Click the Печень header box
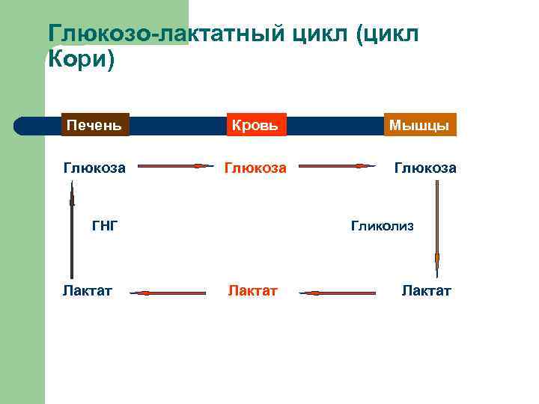coord(95,124)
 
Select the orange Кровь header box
coord(256,125)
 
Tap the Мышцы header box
coord(419,125)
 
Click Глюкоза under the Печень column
coord(94,168)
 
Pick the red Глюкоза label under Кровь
coord(256,168)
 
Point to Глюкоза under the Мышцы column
coord(424,168)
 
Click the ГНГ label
coord(105,224)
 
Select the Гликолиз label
coord(381,224)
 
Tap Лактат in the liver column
coord(88,290)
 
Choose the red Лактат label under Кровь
coord(253,290)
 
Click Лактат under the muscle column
coord(426,290)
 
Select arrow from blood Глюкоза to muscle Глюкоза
coord(335,166)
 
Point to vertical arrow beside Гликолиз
coord(436,224)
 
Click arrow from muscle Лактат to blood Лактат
coord(337,293)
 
